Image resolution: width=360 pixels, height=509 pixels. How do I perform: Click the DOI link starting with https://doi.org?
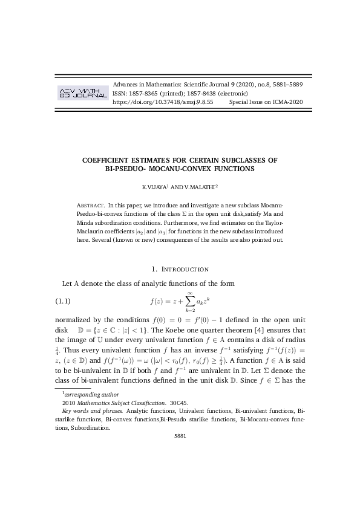tap(163, 103)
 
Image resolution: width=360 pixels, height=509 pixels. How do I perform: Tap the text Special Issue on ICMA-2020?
tap(266, 103)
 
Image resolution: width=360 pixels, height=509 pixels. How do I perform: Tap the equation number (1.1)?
tap(63, 300)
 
